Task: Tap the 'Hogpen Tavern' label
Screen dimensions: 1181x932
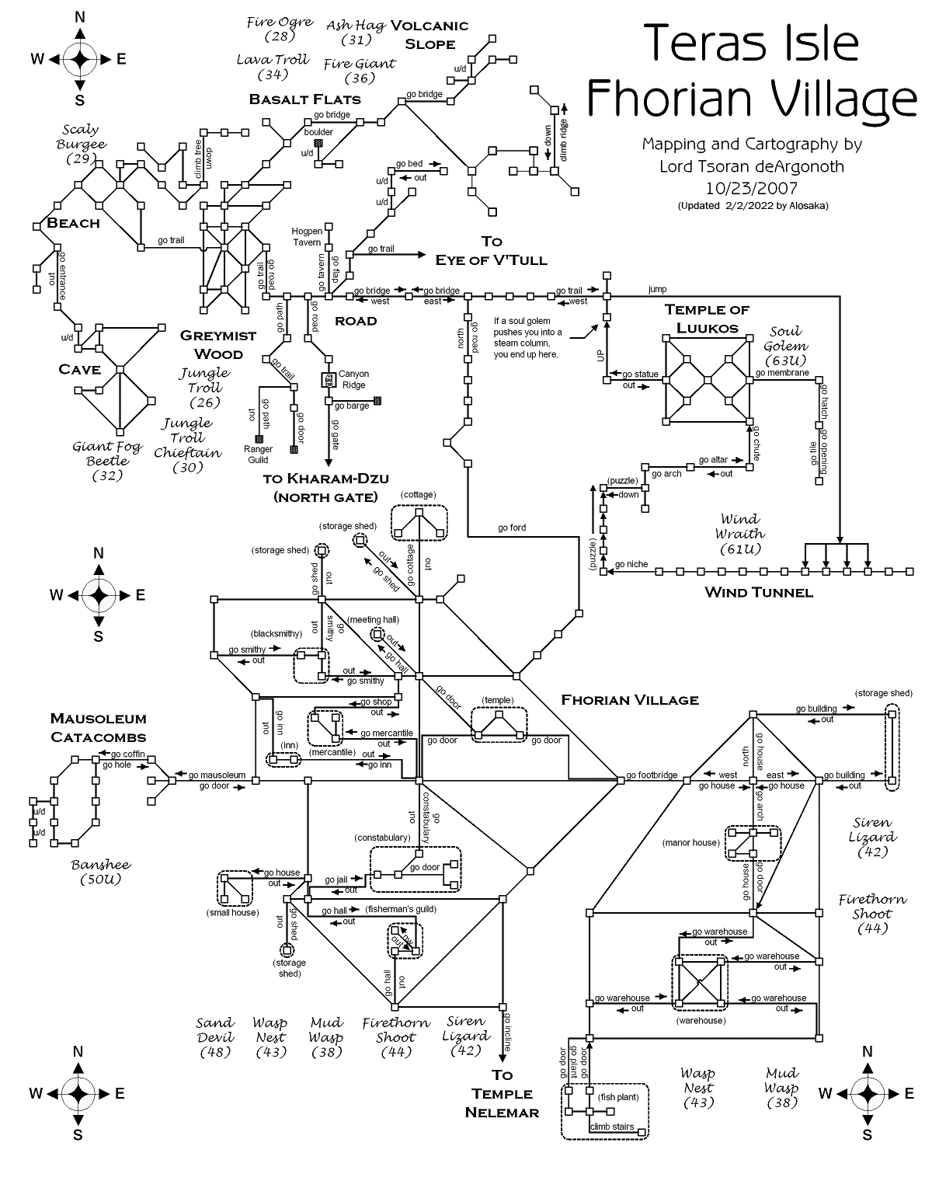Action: coord(307,237)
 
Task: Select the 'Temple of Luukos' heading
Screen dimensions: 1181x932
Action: coord(707,319)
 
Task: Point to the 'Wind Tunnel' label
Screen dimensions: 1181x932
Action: coord(758,593)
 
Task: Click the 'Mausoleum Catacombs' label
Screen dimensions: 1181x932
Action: coord(98,727)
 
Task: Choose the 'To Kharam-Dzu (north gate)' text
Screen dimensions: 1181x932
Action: coord(325,487)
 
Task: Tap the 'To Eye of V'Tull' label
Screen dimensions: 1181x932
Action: coord(491,251)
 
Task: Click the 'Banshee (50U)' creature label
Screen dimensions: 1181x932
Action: coord(101,872)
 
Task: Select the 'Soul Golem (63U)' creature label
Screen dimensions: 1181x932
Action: coord(785,346)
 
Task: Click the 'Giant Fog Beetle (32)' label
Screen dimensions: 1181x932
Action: coord(107,461)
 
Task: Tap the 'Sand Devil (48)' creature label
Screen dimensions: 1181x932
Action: coord(215,1037)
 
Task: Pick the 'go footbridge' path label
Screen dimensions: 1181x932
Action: coord(652,775)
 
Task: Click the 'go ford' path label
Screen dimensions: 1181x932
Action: coord(512,528)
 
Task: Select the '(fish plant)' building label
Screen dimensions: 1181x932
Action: coord(618,1097)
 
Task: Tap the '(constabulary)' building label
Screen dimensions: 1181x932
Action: coord(382,838)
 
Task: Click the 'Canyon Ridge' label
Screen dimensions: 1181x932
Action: coord(353,379)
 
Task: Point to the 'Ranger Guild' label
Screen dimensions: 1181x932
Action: coord(258,455)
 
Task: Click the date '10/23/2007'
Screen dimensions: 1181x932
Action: coord(751,187)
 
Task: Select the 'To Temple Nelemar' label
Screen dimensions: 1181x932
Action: coord(502,1093)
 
